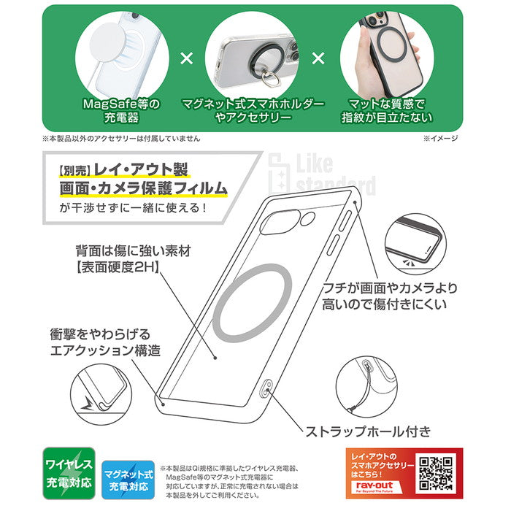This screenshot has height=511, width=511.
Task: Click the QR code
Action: pyautogui.click(x=436, y=473)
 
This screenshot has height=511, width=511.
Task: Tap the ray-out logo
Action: pyautogui.click(x=374, y=486)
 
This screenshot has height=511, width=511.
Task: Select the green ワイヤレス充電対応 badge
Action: pyautogui.click(x=69, y=473)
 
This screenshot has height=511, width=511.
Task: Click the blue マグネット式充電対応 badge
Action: pyautogui.click(x=128, y=480)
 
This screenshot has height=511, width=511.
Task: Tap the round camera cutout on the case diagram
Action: pyautogui.click(x=307, y=219)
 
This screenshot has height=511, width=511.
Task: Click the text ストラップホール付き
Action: pyautogui.click(x=368, y=431)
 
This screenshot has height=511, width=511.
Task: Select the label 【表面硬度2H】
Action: pyautogui.click(x=118, y=268)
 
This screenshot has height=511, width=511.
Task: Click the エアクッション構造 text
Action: pyautogui.click(x=105, y=350)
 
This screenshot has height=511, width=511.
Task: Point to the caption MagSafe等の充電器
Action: pyautogui.click(x=122, y=111)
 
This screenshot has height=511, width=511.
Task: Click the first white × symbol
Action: pyautogui.click(x=187, y=58)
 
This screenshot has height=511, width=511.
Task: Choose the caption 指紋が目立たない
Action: pyautogui.click(x=387, y=118)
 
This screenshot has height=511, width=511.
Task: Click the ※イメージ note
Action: pyautogui.click(x=441, y=139)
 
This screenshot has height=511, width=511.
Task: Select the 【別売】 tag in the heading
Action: pyautogui.click(x=74, y=171)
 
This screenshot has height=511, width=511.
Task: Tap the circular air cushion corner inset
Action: pyautogui.click(x=101, y=395)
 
